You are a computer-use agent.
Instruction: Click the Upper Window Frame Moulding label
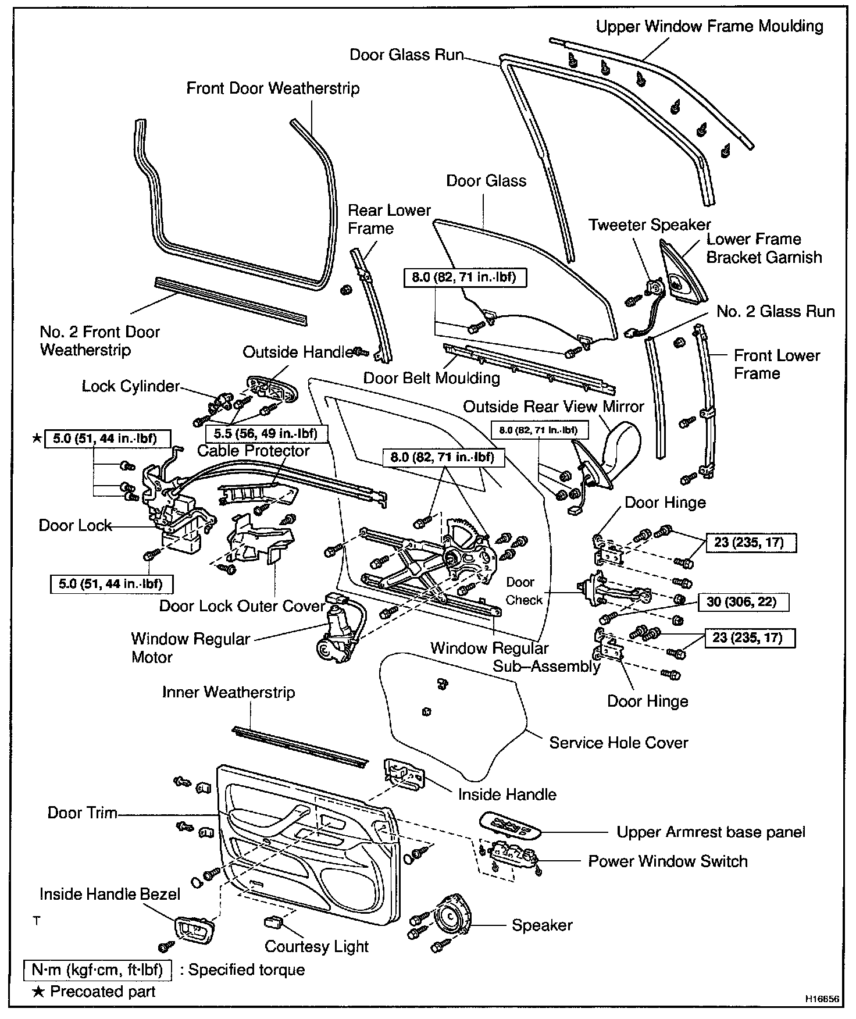(709, 26)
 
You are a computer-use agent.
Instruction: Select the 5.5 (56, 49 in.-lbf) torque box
(266, 433)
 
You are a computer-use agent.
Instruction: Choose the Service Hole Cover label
(618, 743)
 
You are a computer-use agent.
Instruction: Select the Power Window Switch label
(668, 861)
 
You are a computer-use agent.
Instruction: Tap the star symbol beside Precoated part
(38, 992)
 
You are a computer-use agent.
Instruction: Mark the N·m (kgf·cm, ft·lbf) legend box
(98, 970)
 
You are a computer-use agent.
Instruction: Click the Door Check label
(523, 591)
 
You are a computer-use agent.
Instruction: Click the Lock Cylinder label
(131, 386)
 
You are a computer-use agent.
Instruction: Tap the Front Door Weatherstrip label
(273, 88)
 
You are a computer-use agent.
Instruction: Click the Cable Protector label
(254, 451)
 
